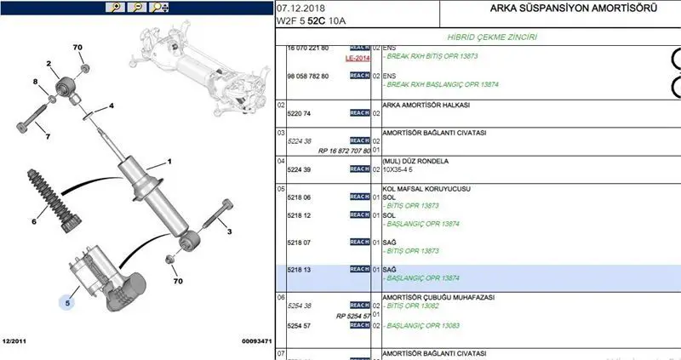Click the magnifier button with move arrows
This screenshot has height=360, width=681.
coord(159,8)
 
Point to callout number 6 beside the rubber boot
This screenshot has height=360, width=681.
coord(35,221)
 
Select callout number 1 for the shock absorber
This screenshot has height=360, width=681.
coord(169,161)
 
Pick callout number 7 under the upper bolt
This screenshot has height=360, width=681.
coord(48,136)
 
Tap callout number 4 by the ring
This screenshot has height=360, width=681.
coord(111,107)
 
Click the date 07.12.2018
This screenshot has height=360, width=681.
coord(301,8)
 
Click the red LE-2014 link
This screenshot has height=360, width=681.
coord(358,59)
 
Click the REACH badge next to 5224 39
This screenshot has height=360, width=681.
coord(359,169)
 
